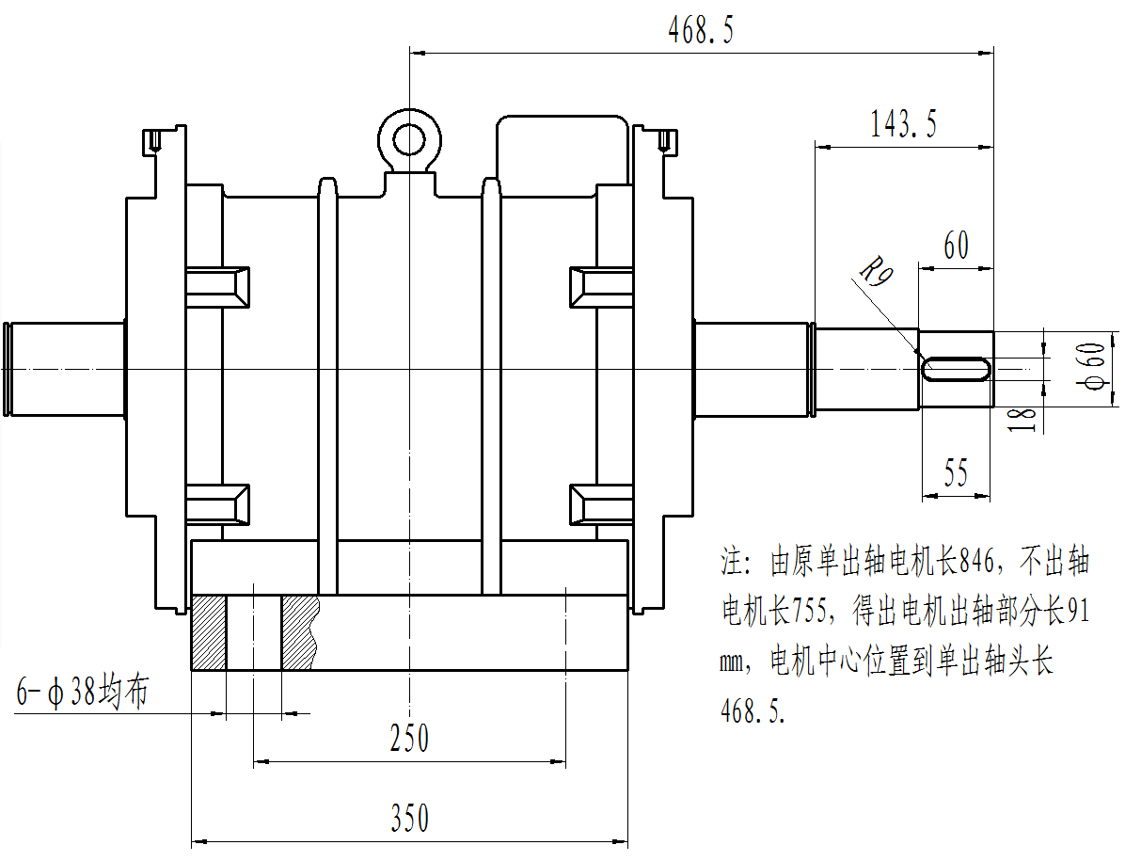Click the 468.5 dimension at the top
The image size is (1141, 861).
(700, 32)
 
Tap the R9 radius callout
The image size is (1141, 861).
(876, 274)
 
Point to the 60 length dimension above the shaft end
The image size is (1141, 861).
(956, 247)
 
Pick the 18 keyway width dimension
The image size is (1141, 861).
(1026, 419)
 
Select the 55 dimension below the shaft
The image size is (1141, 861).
(956, 473)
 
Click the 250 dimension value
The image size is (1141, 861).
(409, 739)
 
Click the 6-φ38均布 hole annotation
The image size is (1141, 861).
(83, 693)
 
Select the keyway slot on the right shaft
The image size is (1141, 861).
(956, 368)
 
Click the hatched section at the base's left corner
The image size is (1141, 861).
(209, 632)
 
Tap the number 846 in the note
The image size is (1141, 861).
(976, 563)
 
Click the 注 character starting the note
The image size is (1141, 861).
(733, 564)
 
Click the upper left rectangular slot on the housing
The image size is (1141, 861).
(218, 286)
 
